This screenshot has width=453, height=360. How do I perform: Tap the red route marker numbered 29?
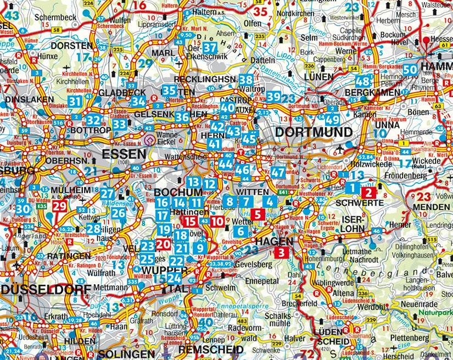point(60,207)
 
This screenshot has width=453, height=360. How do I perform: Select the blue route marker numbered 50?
point(410,69)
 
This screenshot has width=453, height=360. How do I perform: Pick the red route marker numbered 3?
point(281,253)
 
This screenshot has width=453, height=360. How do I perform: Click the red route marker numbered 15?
point(190,221)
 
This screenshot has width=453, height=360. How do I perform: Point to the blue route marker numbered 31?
point(75,100)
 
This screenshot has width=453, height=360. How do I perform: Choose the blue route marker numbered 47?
point(278,172)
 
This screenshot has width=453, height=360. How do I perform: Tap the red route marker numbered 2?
point(369,192)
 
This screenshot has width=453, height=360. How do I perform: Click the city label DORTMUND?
point(314,132)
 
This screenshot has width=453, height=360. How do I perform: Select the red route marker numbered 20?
point(163,244)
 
